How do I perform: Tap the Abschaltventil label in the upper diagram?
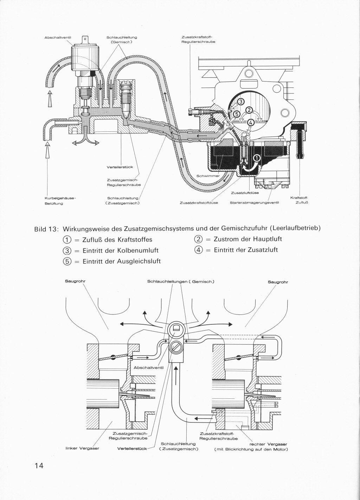click(58, 38)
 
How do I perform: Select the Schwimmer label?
click(208, 176)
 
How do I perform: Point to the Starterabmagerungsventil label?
click(255, 203)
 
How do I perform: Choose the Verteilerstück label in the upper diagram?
click(120, 167)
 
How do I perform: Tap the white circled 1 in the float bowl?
click(257, 158)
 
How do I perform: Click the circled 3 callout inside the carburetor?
click(241, 102)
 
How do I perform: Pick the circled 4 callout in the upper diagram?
click(251, 123)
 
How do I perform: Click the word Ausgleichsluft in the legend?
click(139, 261)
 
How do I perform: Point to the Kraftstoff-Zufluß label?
click(299, 200)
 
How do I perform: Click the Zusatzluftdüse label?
click(245, 193)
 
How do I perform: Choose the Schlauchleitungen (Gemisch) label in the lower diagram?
click(181, 281)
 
